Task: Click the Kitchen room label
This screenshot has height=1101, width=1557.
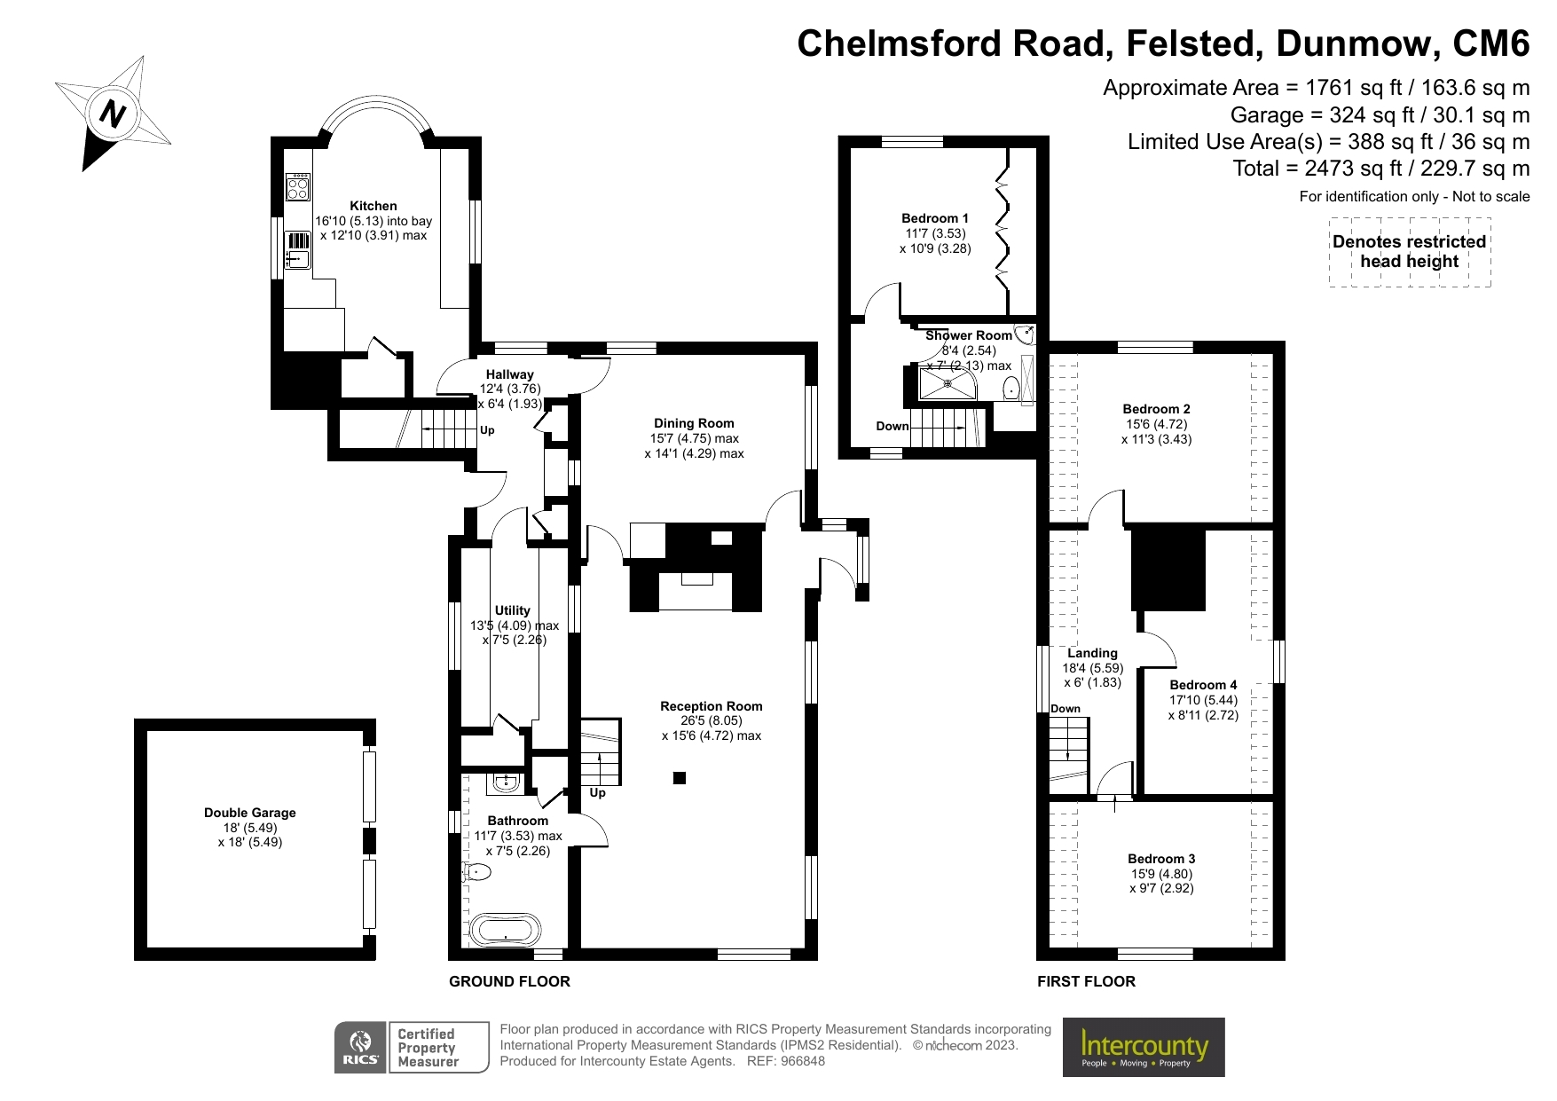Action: (373, 206)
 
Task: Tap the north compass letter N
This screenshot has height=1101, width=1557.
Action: (113, 114)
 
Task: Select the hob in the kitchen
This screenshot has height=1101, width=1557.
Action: (297, 187)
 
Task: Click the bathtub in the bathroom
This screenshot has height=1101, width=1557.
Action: (505, 930)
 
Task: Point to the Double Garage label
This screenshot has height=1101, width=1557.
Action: (249, 813)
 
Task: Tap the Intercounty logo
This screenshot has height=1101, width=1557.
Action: (1143, 1047)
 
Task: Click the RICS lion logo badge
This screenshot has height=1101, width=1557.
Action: (360, 1047)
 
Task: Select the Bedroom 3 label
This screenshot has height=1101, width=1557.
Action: (1160, 859)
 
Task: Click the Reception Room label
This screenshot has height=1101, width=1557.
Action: (711, 706)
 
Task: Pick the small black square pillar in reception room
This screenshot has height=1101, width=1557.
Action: (680, 778)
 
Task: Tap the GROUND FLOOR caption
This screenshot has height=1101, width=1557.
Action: (509, 981)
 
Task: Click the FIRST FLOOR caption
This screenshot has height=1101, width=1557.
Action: (1086, 981)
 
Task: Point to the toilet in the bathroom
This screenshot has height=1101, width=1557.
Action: (477, 872)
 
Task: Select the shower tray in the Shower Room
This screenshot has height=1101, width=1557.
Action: (947, 383)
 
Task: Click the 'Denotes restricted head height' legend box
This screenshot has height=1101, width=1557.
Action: (1409, 252)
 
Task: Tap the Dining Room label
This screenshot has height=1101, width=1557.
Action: (694, 423)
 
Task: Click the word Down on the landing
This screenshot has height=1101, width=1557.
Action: (1066, 709)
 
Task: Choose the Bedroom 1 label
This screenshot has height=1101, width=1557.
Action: (935, 218)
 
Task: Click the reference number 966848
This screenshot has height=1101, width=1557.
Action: (802, 1061)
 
